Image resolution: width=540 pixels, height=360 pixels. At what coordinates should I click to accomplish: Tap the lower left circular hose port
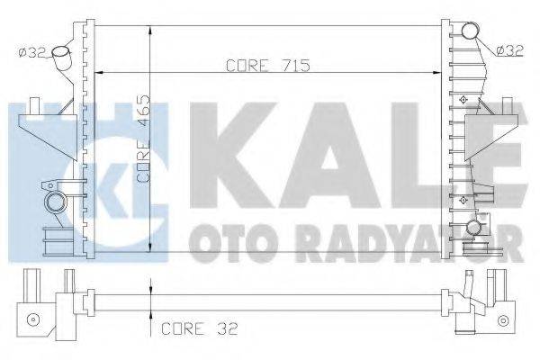click(56, 200)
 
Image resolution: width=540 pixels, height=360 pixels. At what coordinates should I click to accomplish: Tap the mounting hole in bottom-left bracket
click(32, 318)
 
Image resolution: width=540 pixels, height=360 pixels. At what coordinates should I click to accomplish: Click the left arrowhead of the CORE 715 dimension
click(97, 73)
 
